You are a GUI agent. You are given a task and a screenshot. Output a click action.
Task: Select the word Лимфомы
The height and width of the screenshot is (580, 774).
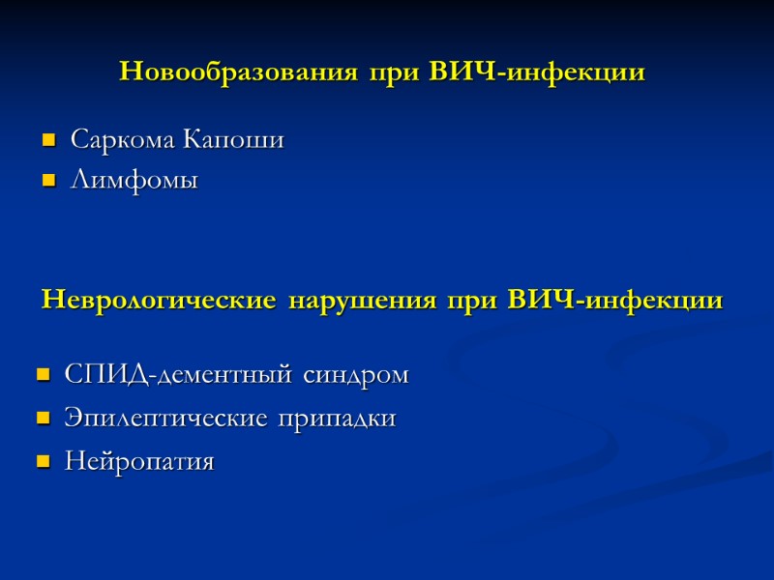(134, 181)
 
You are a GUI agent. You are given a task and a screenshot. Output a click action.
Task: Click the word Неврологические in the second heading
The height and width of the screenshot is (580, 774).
(159, 301)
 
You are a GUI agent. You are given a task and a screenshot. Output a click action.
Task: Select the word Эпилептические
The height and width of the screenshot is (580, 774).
(164, 420)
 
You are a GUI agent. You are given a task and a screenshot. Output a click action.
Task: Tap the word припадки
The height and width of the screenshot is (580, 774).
(338, 420)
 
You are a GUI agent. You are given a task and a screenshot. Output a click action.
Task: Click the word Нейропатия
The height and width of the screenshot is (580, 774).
(139, 463)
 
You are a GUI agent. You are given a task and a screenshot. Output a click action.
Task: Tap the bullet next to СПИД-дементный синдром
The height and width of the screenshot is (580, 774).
(43, 376)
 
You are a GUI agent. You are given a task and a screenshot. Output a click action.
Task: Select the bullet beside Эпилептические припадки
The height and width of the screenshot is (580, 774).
(43, 420)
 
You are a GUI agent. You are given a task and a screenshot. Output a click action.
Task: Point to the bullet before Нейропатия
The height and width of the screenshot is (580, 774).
(43, 464)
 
